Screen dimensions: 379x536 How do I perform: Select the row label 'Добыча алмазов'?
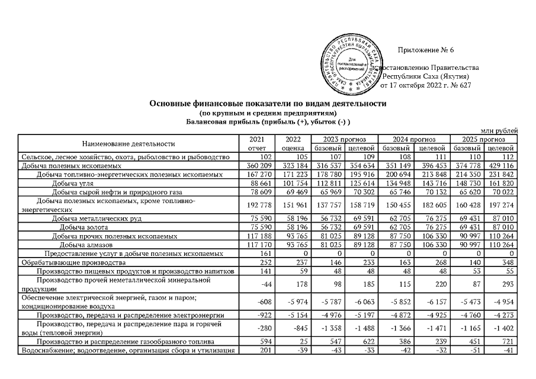pyautogui.click(x=83, y=245)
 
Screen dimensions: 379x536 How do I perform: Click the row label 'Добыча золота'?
pyautogui.click(x=82, y=227)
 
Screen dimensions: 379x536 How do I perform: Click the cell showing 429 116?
pyautogui.click(x=502, y=166)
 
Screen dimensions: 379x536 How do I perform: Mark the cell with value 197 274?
pyautogui.click(x=502, y=205)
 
